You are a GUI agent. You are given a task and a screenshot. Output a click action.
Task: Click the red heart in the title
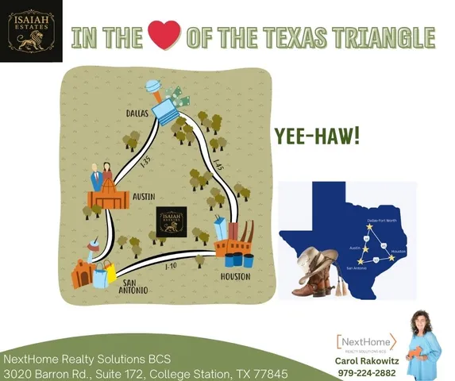(x=164, y=36)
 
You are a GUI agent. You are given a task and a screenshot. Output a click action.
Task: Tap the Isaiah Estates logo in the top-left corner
(x=31, y=31)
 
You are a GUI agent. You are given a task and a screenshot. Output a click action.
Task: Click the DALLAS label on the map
(x=138, y=114)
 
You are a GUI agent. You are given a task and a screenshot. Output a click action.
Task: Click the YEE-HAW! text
(x=317, y=135)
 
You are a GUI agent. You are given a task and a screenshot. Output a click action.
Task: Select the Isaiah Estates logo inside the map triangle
(x=172, y=221)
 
